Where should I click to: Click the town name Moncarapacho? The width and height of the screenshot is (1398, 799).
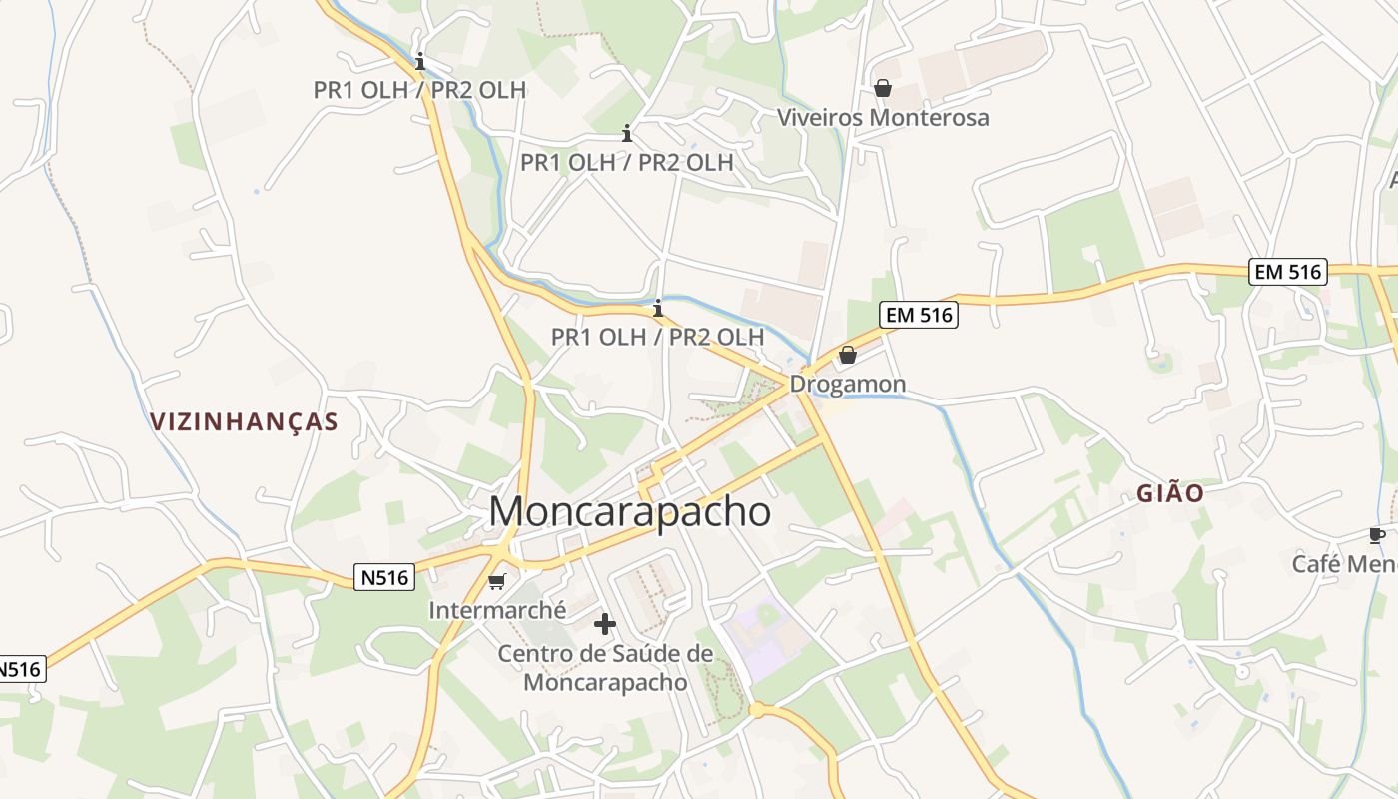point(629,512)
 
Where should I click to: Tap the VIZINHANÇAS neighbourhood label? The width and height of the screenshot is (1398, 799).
point(245,421)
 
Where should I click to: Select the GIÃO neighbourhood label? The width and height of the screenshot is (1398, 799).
point(1170,493)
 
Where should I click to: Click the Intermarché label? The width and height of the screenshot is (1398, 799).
point(497,609)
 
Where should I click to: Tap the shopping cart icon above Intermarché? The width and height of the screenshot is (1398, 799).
point(497,581)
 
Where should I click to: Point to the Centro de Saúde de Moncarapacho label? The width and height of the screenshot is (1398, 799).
point(605,668)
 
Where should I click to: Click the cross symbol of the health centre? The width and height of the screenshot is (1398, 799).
point(605,625)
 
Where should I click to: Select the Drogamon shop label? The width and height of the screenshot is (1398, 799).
point(848,384)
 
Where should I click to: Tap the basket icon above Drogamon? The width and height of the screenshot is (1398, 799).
point(848,355)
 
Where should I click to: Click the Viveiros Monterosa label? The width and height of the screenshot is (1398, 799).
point(883,117)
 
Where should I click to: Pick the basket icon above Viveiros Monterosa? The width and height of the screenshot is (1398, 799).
point(882,88)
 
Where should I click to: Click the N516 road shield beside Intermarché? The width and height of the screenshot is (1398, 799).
point(384,577)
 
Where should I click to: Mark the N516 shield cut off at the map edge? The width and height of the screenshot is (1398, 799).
point(20,669)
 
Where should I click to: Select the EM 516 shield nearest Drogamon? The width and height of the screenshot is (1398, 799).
point(919,316)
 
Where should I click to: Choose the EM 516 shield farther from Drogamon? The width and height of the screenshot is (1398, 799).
point(1287,271)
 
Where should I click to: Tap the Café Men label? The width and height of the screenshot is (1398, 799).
point(1344,564)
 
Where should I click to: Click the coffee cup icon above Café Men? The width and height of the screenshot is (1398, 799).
point(1377,535)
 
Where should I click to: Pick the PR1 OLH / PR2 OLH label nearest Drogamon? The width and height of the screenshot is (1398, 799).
point(657,337)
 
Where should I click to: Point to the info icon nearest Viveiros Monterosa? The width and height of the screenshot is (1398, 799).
point(627,133)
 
